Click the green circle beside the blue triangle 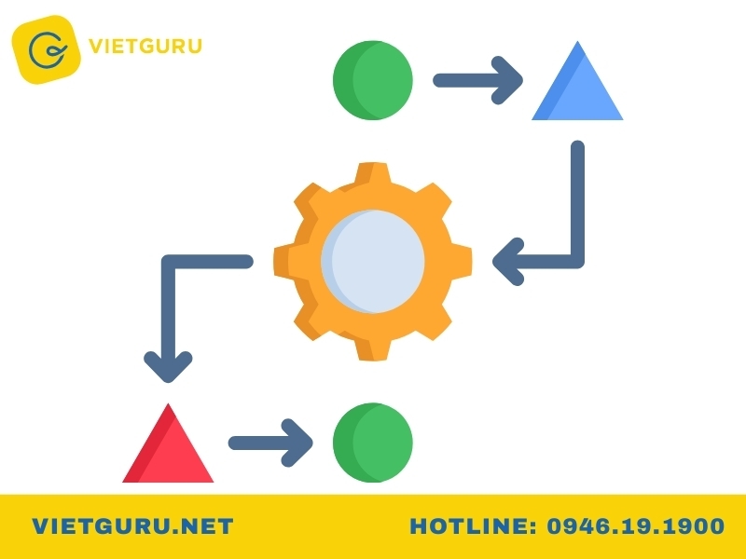pos(372,80)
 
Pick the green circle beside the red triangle pos(372,443)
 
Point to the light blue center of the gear pos(372,262)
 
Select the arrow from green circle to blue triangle pos(477,80)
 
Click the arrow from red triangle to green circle pos(270,443)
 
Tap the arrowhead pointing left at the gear pos(508,262)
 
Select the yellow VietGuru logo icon pos(46,49)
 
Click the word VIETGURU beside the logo pos(145,46)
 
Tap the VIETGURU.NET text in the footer pos(132,526)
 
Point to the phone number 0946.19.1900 pos(636,526)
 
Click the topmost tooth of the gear pos(372,172)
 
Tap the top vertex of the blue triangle pos(577,42)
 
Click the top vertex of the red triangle pos(168,404)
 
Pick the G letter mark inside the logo pos(47,49)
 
